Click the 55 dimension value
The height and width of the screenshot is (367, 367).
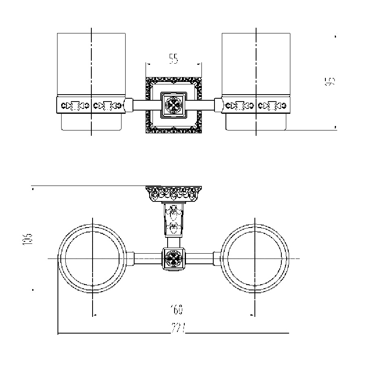click(x=174, y=59)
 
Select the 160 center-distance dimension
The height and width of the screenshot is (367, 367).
click(x=177, y=310)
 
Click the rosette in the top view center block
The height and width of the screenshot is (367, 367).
click(x=173, y=259)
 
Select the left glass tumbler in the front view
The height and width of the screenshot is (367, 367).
click(x=91, y=65)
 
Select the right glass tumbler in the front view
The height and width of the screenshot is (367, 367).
click(x=256, y=65)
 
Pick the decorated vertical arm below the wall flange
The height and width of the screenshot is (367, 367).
click(x=173, y=220)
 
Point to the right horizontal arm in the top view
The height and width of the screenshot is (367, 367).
click(x=200, y=259)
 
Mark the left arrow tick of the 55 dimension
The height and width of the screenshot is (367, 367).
click(x=147, y=64)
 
